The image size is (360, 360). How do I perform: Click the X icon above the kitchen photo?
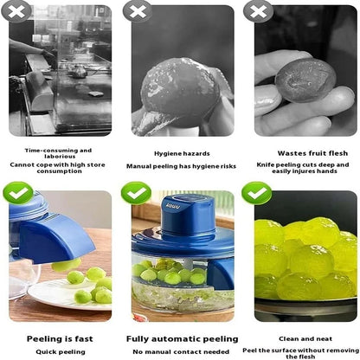click(x=18, y=10)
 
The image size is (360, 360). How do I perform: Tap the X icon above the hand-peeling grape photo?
click(x=136, y=10)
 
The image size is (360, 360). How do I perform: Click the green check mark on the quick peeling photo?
click(x=18, y=192)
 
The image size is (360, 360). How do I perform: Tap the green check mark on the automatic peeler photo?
click(x=136, y=192)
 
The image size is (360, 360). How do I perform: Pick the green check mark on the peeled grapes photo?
click(x=255, y=192)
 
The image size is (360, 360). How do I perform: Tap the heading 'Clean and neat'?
click(x=301, y=338)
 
